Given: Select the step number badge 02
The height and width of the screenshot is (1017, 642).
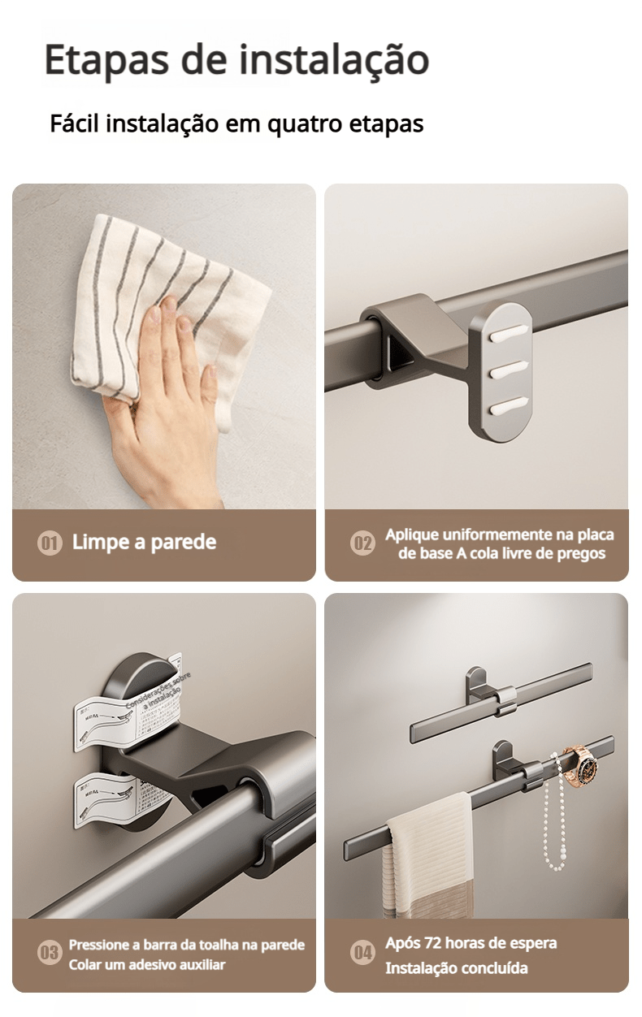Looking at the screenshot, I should [362, 543].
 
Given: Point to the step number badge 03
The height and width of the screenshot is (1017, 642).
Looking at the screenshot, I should [50, 953].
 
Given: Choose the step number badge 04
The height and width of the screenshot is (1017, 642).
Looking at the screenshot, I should [362, 953].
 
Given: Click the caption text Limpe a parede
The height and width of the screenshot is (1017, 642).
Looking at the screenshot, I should [144, 543].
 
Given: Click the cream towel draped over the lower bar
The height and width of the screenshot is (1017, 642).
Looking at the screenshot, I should [429, 853].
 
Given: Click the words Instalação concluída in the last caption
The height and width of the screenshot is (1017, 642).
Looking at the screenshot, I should [456, 968].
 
